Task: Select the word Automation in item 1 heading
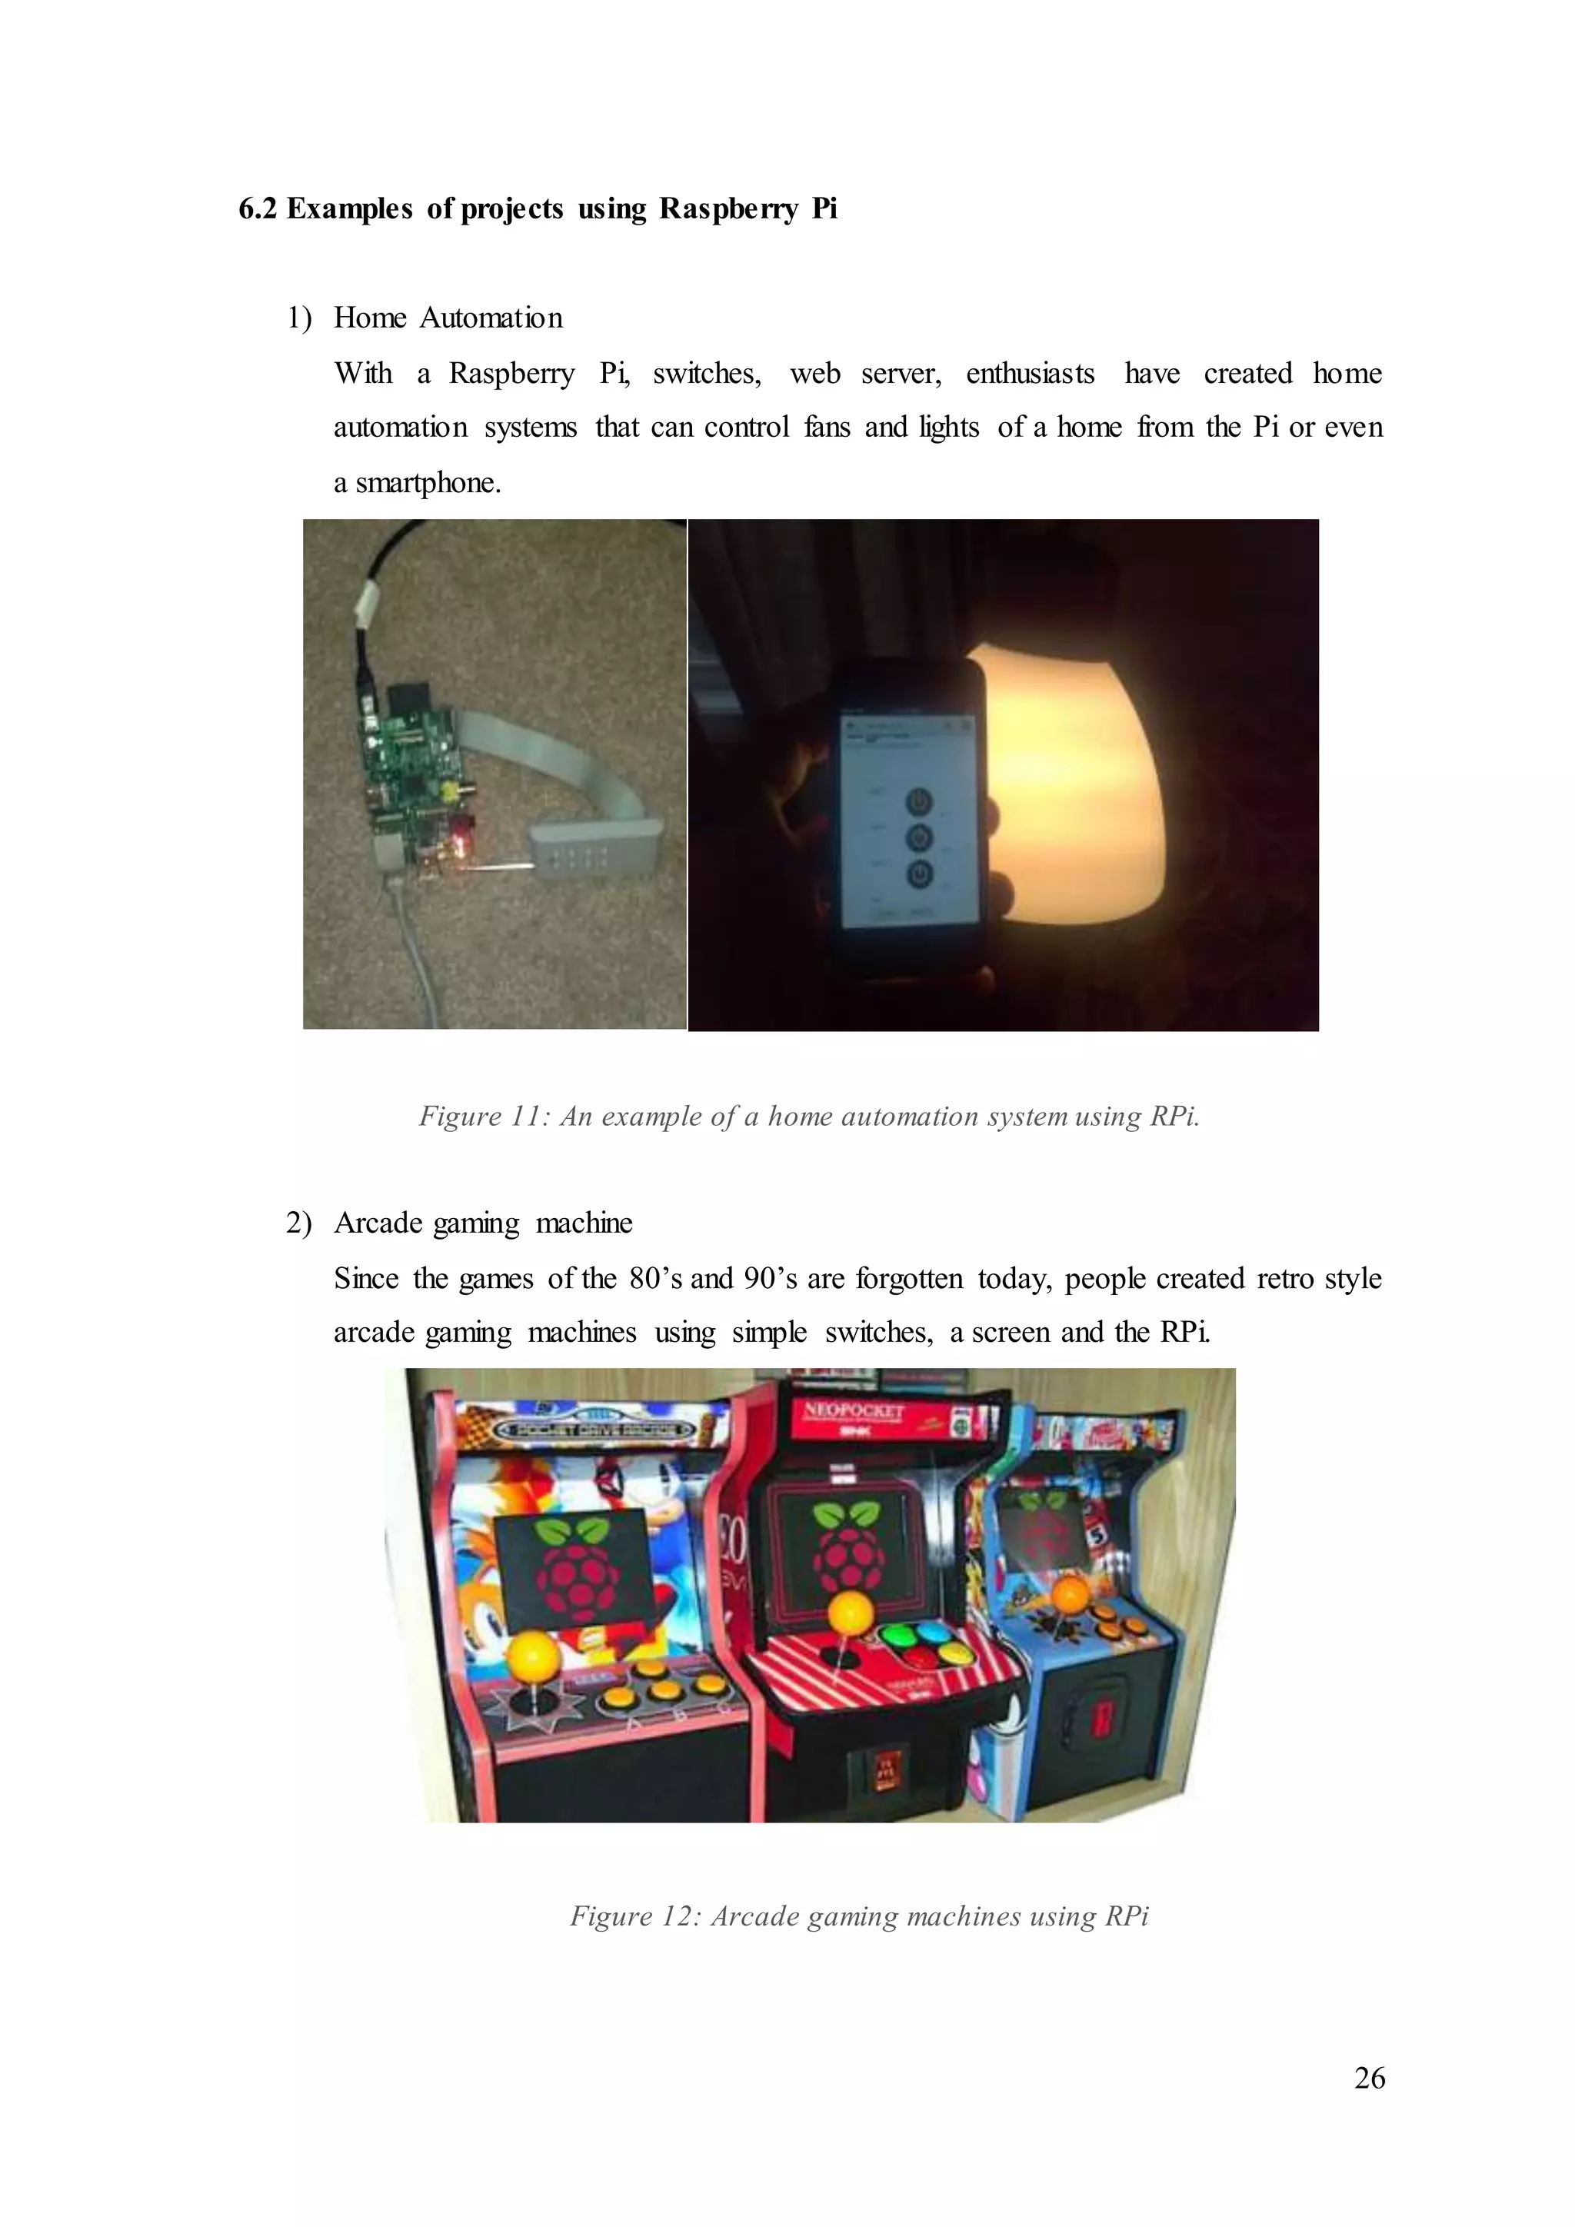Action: [491, 318]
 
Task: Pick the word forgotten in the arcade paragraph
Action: [910, 1278]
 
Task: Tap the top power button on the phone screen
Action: [918, 802]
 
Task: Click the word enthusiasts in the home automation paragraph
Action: [1029, 374]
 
